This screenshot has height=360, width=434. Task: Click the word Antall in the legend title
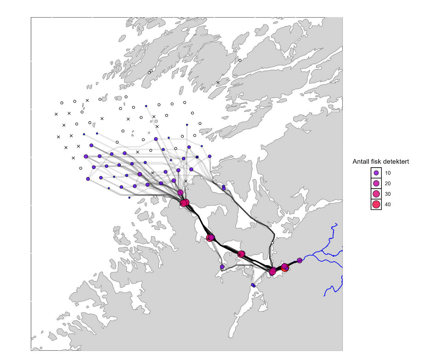coord(361,162)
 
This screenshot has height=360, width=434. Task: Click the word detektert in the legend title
coord(397,162)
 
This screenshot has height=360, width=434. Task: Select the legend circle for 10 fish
coord(376,173)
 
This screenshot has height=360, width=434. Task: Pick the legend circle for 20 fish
coord(376,183)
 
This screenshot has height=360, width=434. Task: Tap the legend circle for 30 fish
coord(376,194)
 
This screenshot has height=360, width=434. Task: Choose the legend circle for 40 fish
coord(376,204)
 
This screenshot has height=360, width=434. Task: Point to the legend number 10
coord(388,173)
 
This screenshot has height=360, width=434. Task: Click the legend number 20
coord(388,183)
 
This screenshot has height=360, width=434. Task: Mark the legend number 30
coord(388,194)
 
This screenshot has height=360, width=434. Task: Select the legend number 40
coord(388,204)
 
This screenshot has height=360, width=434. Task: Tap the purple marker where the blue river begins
coord(300,260)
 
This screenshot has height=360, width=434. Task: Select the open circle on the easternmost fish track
coord(272,243)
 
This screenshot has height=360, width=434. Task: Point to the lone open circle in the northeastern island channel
coord(240,60)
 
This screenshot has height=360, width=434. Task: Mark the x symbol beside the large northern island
coord(218,83)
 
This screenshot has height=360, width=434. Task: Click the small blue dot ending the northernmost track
coord(146,106)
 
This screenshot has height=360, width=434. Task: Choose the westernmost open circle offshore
coord(62,103)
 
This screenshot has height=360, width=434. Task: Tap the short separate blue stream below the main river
coord(334,288)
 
